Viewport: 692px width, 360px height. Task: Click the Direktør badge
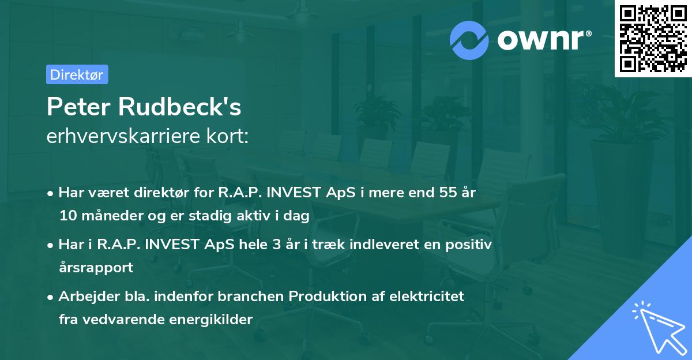(77, 74)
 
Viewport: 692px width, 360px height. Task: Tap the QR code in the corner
(652, 38)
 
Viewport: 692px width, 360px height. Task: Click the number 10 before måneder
(67, 216)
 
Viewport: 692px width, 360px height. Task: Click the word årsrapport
(96, 267)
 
